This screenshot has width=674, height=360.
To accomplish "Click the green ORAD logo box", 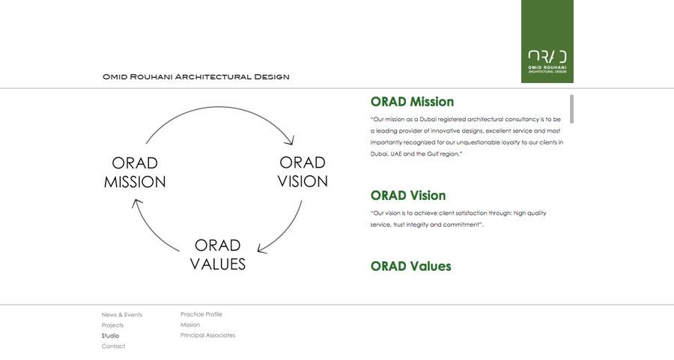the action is (x=547, y=41).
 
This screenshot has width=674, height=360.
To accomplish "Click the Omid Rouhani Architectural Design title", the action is (x=196, y=77).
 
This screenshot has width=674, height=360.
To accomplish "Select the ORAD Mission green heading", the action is (x=412, y=102).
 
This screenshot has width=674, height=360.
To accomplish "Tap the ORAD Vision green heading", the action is (x=408, y=195).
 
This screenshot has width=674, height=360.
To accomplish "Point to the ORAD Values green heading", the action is (x=411, y=266).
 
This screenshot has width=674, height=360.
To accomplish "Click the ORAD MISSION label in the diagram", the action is (x=135, y=172).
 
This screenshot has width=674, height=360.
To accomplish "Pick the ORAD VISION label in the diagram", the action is (x=303, y=172).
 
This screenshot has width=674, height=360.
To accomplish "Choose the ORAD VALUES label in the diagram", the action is (x=218, y=254).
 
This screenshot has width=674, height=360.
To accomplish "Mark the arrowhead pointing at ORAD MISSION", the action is (x=137, y=203).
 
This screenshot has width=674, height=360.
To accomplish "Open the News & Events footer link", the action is (x=121, y=315).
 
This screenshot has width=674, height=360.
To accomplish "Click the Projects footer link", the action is (x=112, y=326).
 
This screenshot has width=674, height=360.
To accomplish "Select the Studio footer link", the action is (x=111, y=335).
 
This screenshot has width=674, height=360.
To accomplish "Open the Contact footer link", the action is (x=114, y=347).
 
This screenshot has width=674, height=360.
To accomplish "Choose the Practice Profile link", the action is (x=201, y=314).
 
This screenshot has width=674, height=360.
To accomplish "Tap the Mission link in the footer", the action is (x=190, y=325).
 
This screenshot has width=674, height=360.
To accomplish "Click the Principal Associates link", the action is (x=207, y=335).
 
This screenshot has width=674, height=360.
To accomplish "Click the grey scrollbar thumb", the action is (x=571, y=109).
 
